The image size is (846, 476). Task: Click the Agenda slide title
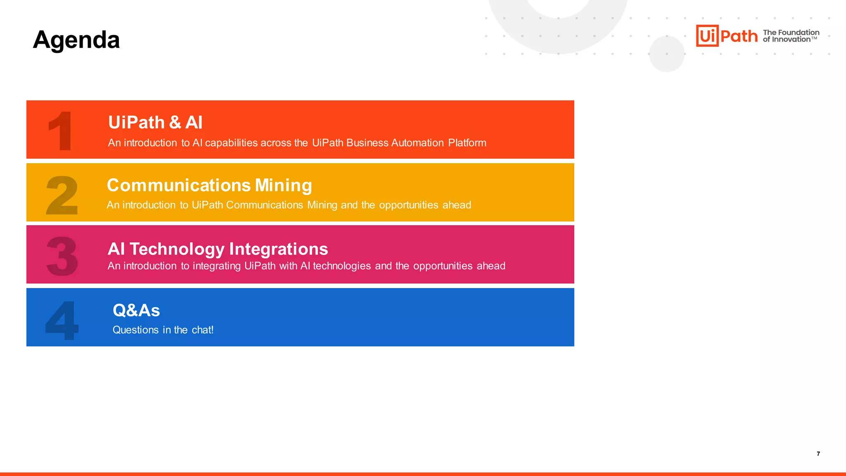[x=76, y=40]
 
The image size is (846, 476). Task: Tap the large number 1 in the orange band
[x=61, y=131]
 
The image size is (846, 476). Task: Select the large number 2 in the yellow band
[x=62, y=195]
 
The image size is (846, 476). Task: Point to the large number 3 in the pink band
[x=62, y=256]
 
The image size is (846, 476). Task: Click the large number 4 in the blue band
[x=62, y=320]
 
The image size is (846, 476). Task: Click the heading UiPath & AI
[x=155, y=122]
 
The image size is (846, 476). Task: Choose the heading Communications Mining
[x=209, y=185]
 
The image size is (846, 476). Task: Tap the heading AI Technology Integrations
[x=218, y=249]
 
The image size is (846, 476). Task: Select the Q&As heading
[x=136, y=310]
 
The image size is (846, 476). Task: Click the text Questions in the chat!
[x=163, y=330]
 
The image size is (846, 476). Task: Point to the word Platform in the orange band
[x=467, y=143]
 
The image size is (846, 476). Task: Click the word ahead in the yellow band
[x=457, y=205]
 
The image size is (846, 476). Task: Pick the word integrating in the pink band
[x=217, y=266]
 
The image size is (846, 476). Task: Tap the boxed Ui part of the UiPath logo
[x=707, y=36]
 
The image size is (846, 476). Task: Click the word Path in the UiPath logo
[x=739, y=36]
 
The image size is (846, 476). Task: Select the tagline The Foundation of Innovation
[x=791, y=36]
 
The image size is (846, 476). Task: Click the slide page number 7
[x=818, y=454]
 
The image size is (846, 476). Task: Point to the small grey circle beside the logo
[x=667, y=54]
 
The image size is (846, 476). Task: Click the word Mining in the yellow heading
[x=283, y=186]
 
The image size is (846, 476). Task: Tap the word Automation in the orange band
[x=418, y=143]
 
